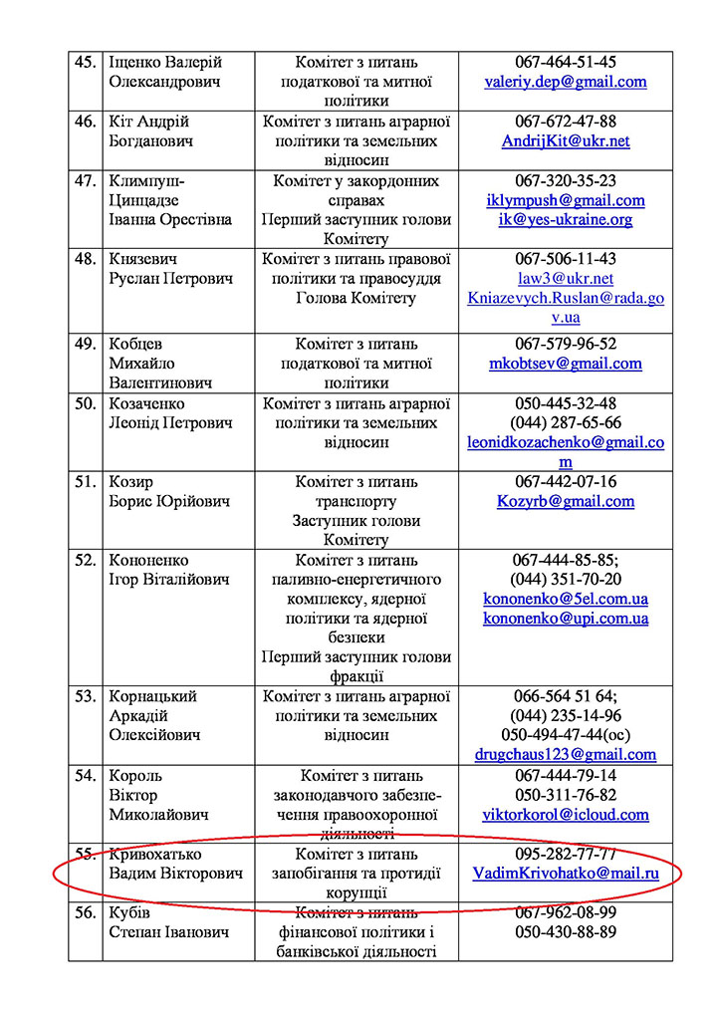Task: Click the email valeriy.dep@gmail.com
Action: (x=566, y=82)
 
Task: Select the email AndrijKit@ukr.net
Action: (x=566, y=141)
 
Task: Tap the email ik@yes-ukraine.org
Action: (x=566, y=220)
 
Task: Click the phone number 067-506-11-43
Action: (x=566, y=259)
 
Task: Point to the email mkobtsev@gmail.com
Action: (x=566, y=364)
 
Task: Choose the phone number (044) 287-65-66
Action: (x=566, y=422)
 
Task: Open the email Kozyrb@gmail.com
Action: (x=566, y=501)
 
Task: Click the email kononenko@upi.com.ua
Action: (x=566, y=619)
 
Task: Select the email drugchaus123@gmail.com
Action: (x=566, y=755)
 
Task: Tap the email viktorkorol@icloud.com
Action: (x=566, y=815)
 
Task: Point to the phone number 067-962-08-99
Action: (x=566, y=912)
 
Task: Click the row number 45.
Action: (x=86, y=62)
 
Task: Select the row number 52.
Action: (x=86, y=560)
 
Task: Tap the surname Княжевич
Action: (x=143, y=259)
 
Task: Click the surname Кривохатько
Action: (x=154, y=854)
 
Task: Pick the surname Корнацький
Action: (x=154, y=696)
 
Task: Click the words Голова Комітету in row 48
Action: (x=357, y=298)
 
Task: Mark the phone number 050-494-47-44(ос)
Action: (x=566, y=735)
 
